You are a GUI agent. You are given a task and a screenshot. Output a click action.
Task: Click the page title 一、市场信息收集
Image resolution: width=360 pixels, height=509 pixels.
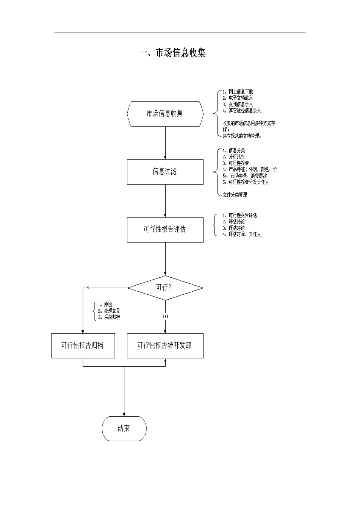[173, 53]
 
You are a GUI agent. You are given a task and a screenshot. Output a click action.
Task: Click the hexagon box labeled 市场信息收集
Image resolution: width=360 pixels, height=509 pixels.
[165, 114]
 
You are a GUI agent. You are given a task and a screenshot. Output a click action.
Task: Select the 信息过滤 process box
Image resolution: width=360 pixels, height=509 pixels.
[165, 172]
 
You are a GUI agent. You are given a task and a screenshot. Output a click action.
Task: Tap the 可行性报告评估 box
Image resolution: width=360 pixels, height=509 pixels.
[165, 230]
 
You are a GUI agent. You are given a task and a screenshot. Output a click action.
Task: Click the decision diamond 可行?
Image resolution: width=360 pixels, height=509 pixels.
[165, 288]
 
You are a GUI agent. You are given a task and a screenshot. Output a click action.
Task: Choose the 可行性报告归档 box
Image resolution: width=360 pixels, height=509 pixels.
[83, 345]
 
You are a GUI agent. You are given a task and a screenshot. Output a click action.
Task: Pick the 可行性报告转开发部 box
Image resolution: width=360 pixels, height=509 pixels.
[165, 345]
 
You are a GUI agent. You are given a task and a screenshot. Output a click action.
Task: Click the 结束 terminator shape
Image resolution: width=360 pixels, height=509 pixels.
[124, 428]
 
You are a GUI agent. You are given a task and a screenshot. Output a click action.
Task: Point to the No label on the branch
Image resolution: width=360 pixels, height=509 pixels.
[88, 288]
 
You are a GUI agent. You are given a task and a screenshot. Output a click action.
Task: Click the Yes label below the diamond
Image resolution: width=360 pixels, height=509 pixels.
[165, 316]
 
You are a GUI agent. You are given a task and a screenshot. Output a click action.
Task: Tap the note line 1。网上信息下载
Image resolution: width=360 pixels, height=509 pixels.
[238, 92]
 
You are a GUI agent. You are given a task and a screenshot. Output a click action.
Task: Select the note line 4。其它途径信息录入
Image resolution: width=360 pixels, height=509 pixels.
[242, 111]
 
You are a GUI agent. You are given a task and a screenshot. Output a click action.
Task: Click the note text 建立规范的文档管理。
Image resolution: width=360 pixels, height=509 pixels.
[242, 136]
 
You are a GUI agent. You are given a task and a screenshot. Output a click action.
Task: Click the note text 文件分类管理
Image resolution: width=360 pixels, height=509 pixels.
[235, 195]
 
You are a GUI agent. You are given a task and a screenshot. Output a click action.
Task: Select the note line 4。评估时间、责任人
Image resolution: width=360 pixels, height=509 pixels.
[242, 234]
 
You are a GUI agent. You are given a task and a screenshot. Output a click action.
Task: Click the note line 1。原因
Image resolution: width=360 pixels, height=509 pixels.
[105, 304]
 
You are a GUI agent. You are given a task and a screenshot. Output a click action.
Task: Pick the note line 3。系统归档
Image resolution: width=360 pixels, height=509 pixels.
[109, 317]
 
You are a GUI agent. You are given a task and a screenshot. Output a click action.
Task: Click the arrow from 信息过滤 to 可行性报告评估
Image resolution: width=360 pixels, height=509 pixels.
[165, 201]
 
